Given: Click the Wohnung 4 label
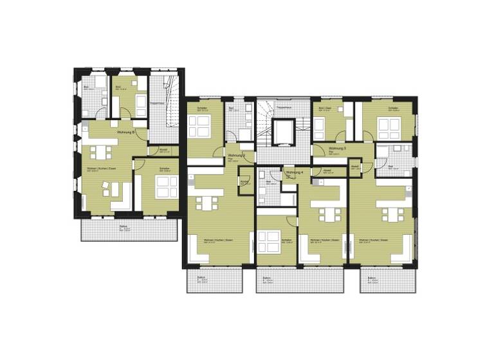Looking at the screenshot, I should [294, 173].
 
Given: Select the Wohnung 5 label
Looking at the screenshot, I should [337, 148].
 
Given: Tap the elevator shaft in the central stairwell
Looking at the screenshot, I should [283, 131].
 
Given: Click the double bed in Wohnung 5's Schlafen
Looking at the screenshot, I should [389, 128].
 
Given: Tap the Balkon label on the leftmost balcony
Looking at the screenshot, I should [123, 227].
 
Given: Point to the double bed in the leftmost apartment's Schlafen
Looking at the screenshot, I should [166, 186].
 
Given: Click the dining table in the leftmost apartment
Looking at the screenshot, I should [100, 152].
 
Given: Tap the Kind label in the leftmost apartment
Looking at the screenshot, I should [119, 86].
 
